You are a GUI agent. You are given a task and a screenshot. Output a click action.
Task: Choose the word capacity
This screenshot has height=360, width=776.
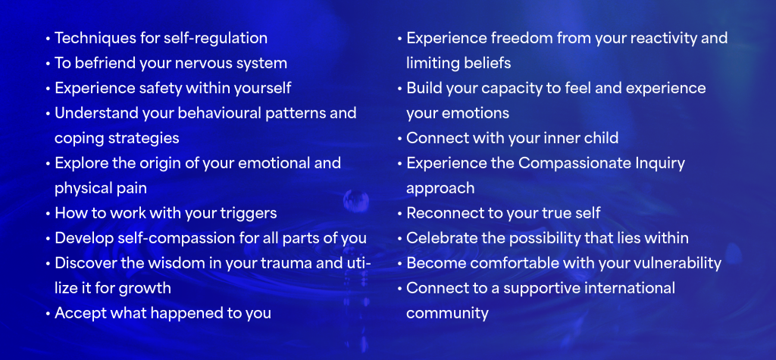point(509,89)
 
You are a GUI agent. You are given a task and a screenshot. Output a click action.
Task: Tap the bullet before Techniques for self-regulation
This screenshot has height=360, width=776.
point(48,38)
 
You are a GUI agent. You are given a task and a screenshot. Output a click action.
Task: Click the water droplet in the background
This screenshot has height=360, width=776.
point(356,202)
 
